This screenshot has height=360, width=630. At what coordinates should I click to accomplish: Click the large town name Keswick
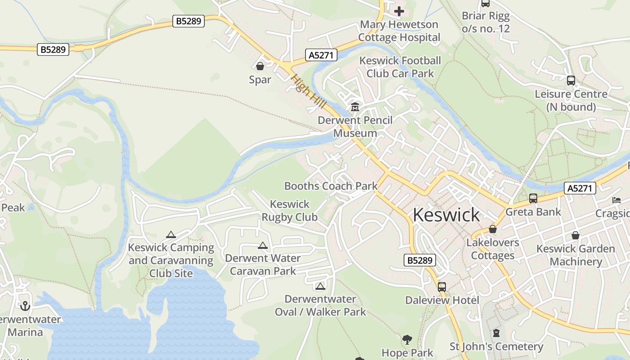[446, 215]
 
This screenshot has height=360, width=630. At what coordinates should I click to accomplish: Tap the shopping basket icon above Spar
[260, 67]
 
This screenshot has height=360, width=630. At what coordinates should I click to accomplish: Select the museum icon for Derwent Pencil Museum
[355, 107]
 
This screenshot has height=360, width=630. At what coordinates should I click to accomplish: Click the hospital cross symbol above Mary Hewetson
[399, 11]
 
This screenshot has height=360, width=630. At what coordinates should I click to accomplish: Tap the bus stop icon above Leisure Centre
[571, 81]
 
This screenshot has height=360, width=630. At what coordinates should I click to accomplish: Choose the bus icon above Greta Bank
[533, 198]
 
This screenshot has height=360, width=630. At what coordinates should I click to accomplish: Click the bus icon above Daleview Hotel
[442, 287]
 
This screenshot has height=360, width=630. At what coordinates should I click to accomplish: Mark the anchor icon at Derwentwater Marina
[25, 306]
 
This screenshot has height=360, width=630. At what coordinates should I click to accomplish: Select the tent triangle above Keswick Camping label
[171, 234]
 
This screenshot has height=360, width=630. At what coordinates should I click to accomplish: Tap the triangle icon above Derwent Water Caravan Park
[263, 245]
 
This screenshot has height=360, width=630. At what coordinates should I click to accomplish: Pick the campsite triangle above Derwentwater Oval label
[320, 286]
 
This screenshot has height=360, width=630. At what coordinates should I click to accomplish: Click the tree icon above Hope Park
[407, 340]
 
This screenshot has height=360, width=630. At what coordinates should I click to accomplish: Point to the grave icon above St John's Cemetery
[496, 333]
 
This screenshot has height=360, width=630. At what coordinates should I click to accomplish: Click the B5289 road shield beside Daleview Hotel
[420, 260]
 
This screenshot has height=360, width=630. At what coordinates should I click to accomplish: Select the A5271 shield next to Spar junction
[321, 55]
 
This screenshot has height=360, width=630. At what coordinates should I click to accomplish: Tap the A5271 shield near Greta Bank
[580, 188]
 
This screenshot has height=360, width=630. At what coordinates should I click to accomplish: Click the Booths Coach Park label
[331, 186]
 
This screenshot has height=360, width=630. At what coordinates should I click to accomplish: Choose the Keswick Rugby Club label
[290, 211]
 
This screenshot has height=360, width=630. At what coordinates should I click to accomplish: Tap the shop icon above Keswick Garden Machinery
[575, 235]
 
